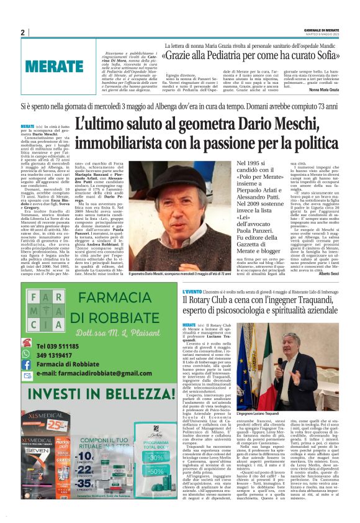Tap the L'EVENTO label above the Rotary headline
coord(192,291)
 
